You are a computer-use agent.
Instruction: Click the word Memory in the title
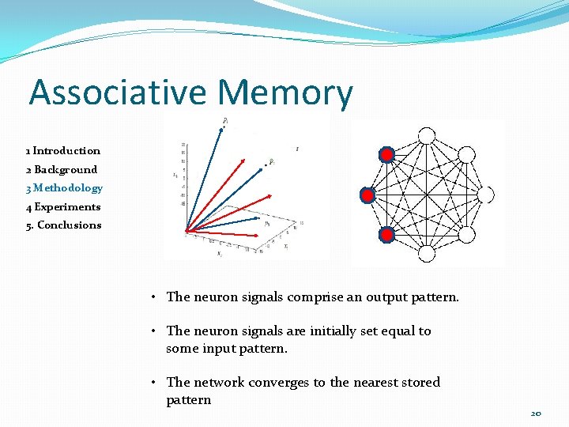[285, 94]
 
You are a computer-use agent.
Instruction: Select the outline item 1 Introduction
[62, 150]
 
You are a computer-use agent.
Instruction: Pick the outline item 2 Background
[61, 169]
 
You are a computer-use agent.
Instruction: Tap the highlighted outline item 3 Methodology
[64, 188]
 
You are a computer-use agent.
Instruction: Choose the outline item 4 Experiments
[63, 207]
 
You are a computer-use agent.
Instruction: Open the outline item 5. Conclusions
[63, 225]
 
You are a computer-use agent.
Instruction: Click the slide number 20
[536, 414]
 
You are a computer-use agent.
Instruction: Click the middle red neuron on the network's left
[368, 195]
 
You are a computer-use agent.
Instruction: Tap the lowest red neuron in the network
[386, 235]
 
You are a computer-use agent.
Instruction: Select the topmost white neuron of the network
[427, 135]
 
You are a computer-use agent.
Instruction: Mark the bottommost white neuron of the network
[427, 254]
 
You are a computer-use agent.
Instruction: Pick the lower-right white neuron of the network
[467, 235]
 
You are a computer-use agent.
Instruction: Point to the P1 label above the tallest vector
[225, 120]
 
